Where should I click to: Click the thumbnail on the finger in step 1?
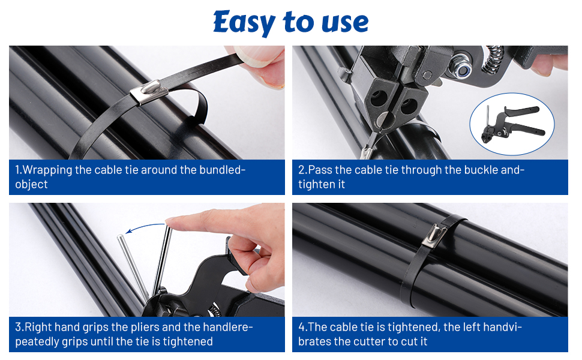[x=256, y=54]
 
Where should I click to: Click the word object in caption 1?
[x=31, y=184]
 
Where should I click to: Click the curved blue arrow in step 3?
[x=145, y=227]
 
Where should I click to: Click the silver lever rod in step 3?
[x=132, y=267]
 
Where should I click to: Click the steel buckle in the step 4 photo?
[x=434, y=236]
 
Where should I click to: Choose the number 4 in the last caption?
[x=302, y=327]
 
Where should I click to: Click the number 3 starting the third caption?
[x=18, y=328]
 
